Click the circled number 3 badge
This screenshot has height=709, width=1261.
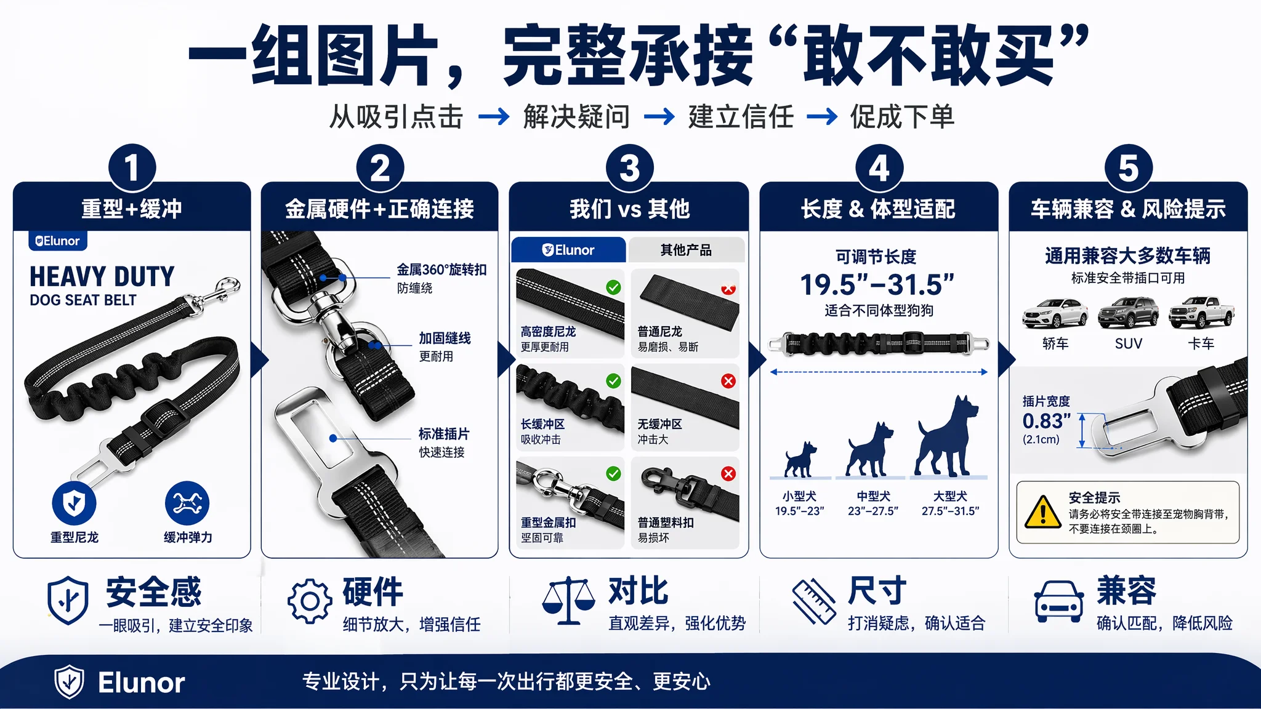pos(629,168)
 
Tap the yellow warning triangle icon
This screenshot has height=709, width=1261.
pos(1042,512)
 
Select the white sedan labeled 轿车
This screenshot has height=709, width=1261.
pos(1055,313)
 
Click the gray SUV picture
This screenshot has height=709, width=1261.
pos(1128,313)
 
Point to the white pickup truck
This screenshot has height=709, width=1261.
pos(1201,313)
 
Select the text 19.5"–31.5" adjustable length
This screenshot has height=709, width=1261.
pos(877,285)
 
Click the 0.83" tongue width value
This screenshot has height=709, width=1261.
pos(1047,421)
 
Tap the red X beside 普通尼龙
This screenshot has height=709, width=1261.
pos(728,288)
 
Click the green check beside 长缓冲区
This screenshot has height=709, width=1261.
pos(613,381)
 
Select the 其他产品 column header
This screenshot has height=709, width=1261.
pos(687,250)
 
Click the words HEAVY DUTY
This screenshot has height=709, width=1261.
pos(102,277)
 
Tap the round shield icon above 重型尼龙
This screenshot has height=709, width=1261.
pos(74,503)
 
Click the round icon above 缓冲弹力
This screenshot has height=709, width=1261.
pos(187,503)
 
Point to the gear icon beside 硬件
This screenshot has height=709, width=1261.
pos(310,601)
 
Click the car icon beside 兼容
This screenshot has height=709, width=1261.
pos(1059,601)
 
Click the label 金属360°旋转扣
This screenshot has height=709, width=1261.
pos(441,270)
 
